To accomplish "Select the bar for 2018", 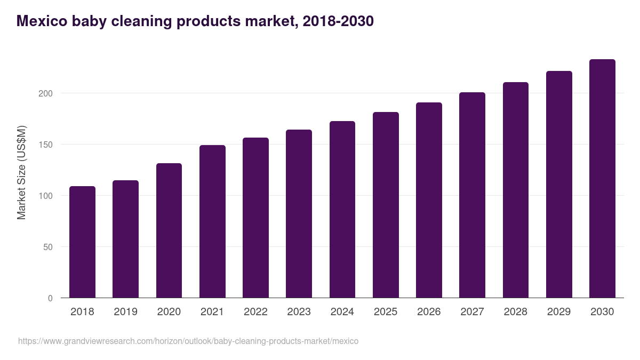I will pyautogui.click(x=82, y=242).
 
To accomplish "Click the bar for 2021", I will pyautogui.click(x=212, y=221).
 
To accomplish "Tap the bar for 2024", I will pyautogui.click(x=342, y=210).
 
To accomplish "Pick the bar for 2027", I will pyautogui.click(x=472, y=195).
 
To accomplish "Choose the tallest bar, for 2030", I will pyautogui.click(x=602, y=179).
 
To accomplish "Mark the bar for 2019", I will pyautogui.click(x=125, y=239).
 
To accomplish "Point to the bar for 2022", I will pyautogui.click(x=255, y=218).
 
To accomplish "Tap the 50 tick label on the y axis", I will pyautogui.click(x=49, y=247).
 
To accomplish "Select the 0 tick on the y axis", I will pyautogui.click(x=51, y=298).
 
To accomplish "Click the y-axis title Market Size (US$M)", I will pyautogui.click(x=21, y=173).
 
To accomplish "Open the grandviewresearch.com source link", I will pyautogui.click(x=188, y=341).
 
